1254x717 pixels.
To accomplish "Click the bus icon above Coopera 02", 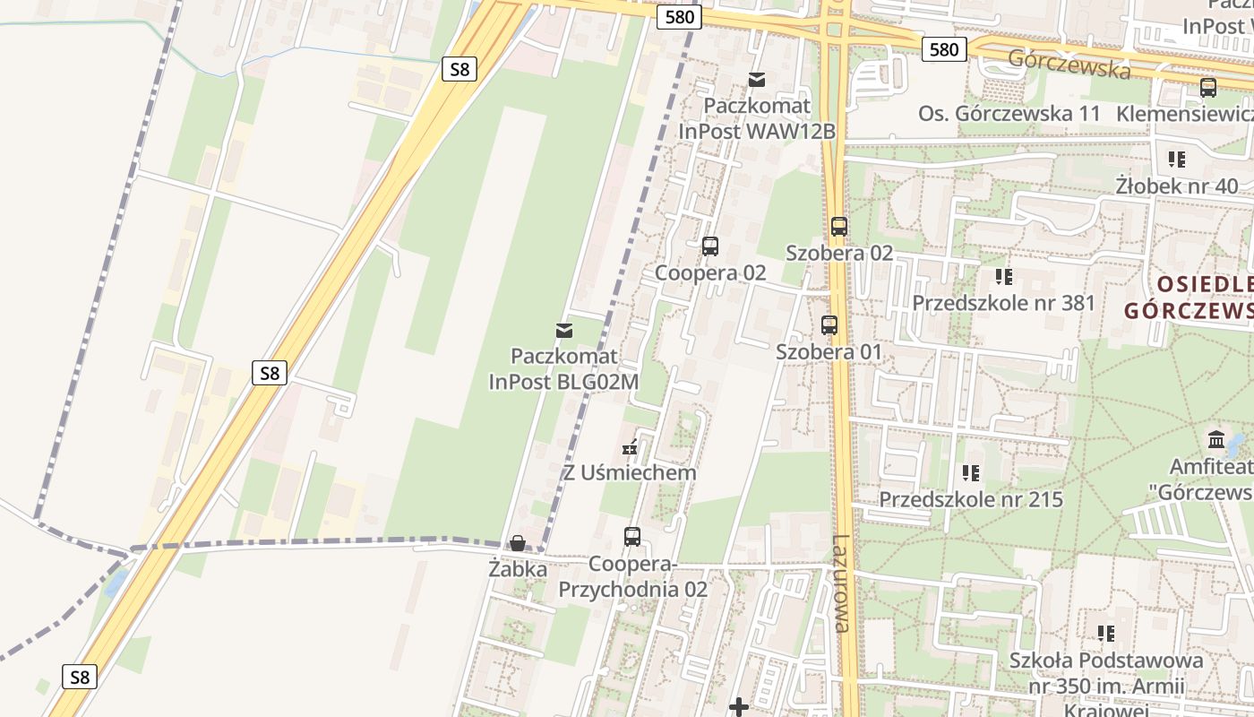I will [710, 246].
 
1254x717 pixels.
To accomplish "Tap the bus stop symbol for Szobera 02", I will [838, 227].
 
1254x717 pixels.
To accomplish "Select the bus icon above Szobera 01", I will [829, 325].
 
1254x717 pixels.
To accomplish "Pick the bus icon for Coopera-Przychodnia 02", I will [632, 537].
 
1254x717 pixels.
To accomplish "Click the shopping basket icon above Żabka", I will [518, 543].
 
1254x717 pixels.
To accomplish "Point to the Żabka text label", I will [518, 568].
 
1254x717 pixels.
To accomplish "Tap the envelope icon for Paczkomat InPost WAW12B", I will [757, 80].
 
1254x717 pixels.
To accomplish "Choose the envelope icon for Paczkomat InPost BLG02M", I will [564, 331].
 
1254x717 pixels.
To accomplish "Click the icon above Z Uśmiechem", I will [631, 446].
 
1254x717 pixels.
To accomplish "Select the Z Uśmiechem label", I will [630, 472].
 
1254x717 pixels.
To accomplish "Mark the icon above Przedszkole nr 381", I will [1003, 277].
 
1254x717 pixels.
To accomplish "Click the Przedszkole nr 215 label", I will [971, 499].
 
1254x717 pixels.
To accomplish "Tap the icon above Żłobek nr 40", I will [1176, 160].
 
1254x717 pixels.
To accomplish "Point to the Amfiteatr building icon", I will [1216, 440].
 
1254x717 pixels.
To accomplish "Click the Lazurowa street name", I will [840, 583].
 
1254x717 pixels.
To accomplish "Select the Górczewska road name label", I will [1069, 64].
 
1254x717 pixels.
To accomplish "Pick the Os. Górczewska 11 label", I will [1009, 114].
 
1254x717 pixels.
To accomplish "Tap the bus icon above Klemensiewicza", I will [1207, 88].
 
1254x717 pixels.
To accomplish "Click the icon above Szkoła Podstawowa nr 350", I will [1106, 634].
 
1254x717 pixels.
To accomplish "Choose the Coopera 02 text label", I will [710, 272].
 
